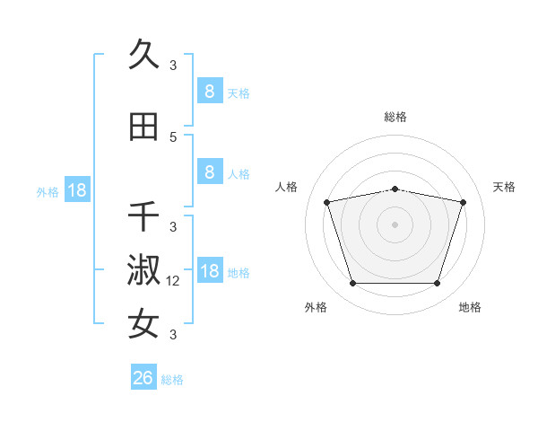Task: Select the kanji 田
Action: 144,127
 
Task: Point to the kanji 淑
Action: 144,271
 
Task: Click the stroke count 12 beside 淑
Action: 174,281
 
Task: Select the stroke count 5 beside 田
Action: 173,137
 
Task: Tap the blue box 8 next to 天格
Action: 209,91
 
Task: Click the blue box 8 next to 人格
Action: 209,172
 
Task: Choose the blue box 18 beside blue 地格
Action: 209,271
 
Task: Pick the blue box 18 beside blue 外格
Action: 76,190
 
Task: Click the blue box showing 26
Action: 143,379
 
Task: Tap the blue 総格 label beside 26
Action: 172,380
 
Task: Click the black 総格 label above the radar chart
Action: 395,117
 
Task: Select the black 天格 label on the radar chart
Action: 505,187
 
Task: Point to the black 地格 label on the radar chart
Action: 470,307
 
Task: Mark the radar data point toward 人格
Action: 327,202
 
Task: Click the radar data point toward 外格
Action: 352,284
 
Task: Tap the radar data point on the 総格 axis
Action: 395,189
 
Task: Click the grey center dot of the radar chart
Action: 395,224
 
